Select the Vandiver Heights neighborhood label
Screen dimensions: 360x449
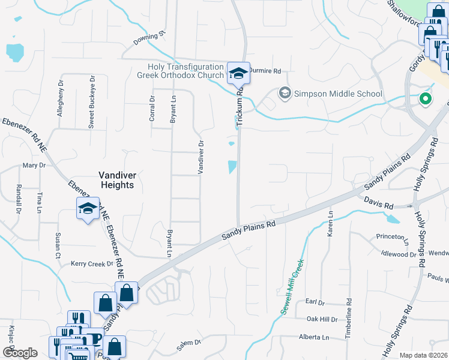point(116,180)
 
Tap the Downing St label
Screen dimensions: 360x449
point(149,38)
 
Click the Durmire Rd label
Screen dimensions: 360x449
point(265,71)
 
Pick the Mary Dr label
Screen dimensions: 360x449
point(34,165)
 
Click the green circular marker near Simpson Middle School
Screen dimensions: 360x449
point(426,99)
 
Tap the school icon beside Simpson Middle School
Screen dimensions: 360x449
point(285,94)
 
